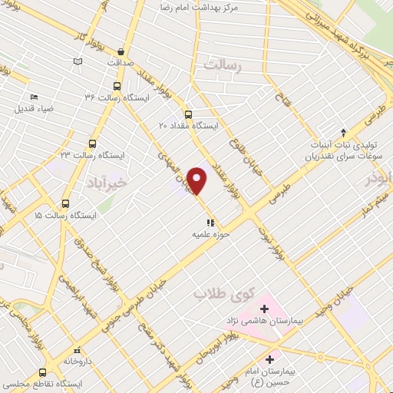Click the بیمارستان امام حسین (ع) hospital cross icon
(269, 359)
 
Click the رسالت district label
(222, 68)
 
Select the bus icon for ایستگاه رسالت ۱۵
(65, 205)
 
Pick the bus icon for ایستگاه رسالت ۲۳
(93, 144)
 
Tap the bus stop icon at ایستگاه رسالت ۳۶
(117, 87)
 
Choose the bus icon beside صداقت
(117, 45)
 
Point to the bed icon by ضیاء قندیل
(34, 97)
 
